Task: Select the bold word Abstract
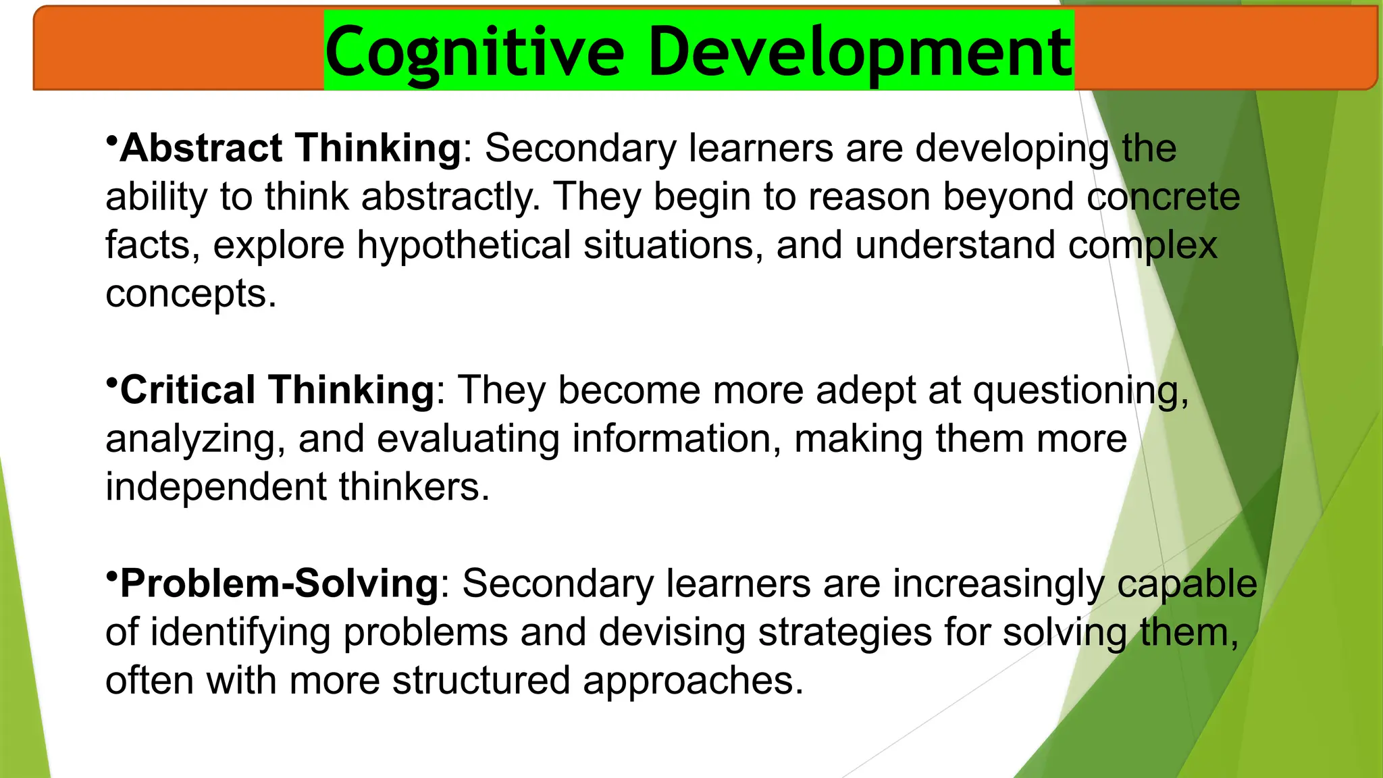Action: coord(201,148)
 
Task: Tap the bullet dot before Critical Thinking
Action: coord(112,382)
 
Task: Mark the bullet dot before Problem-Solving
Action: coord(112,575)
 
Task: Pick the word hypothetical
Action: coord(464,245)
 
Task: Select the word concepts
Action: coord(190,294)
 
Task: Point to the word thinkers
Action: coord(413,487)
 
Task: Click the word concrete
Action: coord(1163,197)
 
